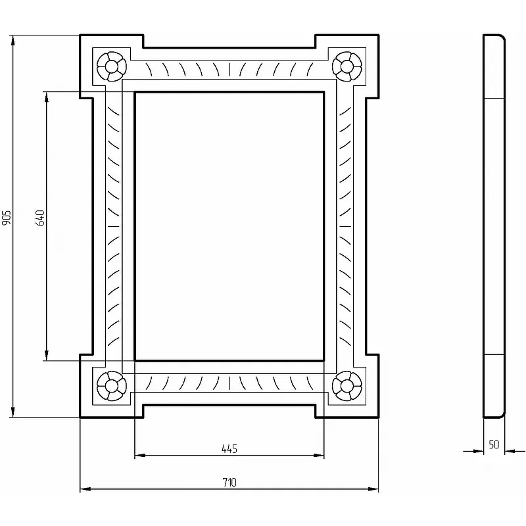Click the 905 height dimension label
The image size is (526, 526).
(x=7, y=218)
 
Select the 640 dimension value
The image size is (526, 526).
(x=40, y=218)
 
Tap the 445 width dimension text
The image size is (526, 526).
(x=229, y=449)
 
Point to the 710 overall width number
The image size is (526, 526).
(x=229, y=483)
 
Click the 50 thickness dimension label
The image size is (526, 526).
(x=494, y=444)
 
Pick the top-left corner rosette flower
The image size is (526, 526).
(x=112, y=66)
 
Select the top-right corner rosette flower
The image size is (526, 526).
(x=347, y=66)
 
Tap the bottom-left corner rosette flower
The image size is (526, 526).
(x=112, y=386)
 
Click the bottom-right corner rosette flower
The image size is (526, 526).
(x=347, y=386)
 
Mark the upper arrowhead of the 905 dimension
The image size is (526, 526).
(x=12, y=41)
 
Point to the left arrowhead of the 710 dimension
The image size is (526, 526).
(x=86, y=489)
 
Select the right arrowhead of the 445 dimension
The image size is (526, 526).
(x=318, y=455)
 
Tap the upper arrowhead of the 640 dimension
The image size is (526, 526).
(x=46, y=97)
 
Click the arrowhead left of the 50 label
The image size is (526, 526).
(x=478, y=451)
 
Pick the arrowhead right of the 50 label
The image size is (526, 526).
(x=510, y=451)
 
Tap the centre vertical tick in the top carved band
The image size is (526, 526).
(x=229, y=69)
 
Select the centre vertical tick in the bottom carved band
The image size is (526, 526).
(x=229, y=383)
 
